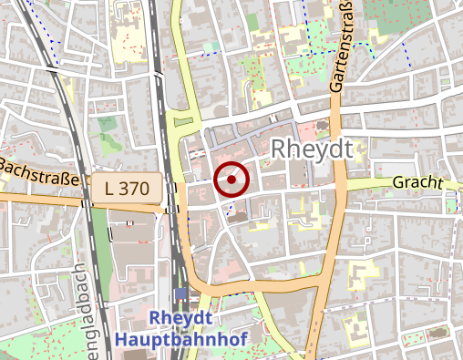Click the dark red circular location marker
[232, 180]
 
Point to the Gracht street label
[417, 182]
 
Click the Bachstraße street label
[38, 170]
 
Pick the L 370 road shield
[127, 189]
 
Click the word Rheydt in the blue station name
[180, 318]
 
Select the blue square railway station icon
[180, 294]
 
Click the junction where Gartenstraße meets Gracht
[336, 185]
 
